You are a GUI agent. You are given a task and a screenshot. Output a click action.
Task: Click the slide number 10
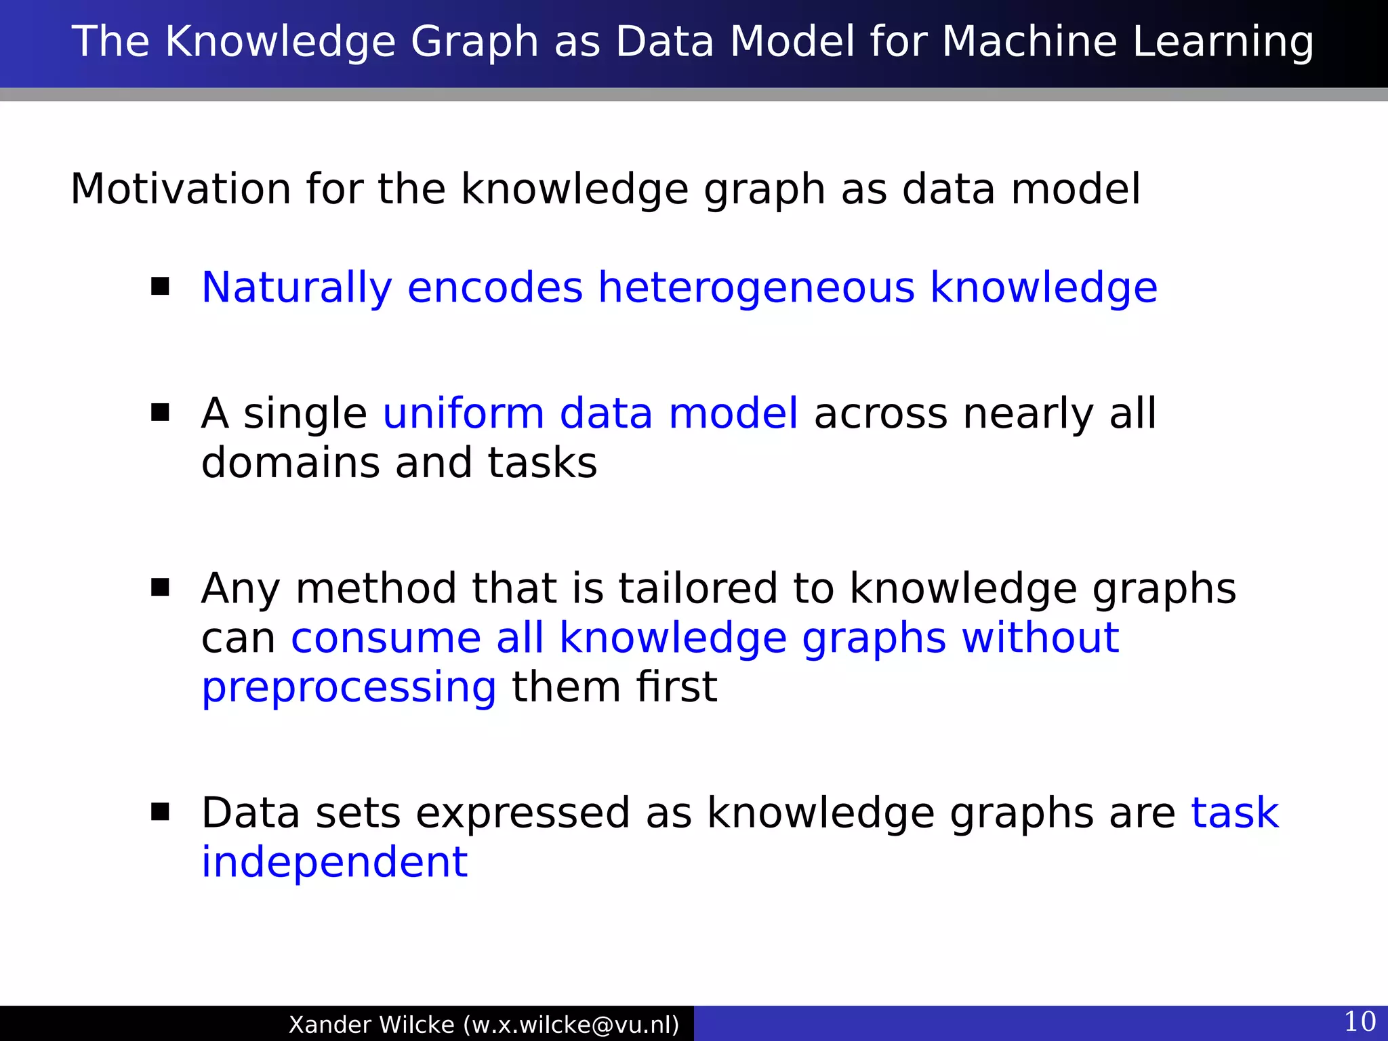pos(1359,1021)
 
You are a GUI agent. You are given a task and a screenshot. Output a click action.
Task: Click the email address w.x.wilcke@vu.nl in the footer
pos(571,1024)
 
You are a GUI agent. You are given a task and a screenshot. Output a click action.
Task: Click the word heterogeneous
pos(756,287)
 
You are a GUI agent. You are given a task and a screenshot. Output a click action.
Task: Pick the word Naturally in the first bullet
pos(296,287)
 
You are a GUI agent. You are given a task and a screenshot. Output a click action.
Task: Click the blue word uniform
pos(464,413)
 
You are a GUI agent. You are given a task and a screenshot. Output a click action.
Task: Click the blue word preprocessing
pos(349,688)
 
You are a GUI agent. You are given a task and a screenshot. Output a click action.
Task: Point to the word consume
pos(386,638)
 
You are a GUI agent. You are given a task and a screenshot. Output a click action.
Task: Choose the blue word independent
pos(334,862)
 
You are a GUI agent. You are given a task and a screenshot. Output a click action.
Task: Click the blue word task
pos(1235,813)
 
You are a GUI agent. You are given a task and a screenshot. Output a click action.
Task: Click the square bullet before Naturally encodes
pos(161,287)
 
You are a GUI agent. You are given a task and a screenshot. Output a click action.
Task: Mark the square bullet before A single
pos(161,413)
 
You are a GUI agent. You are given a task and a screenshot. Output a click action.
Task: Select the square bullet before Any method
pos(161,587)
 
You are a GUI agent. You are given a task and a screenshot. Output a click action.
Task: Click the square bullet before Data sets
pos(161,812)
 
